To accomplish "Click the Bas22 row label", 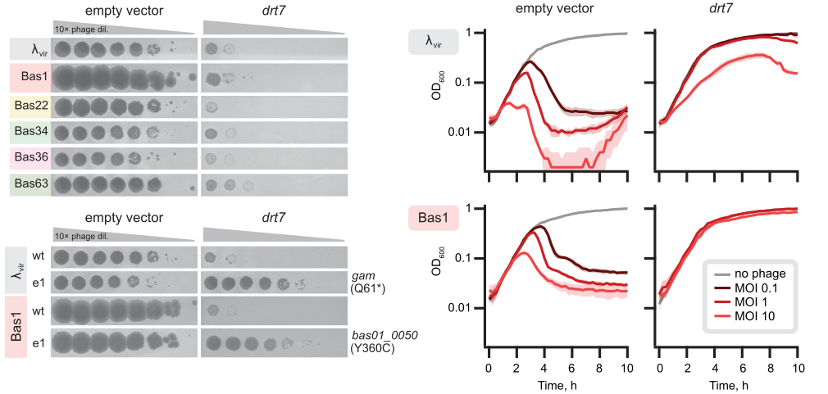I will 30,106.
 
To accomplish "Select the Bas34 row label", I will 30,134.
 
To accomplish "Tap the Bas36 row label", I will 30,158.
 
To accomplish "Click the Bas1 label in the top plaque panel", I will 30,79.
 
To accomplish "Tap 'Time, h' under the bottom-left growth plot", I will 557,384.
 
